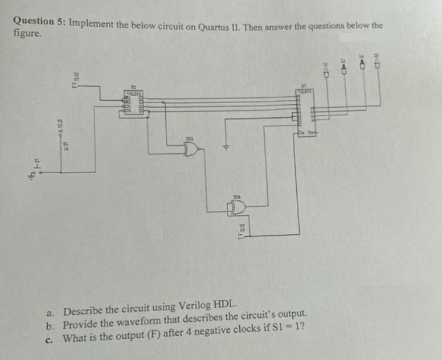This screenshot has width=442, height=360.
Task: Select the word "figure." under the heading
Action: tap(27, 34)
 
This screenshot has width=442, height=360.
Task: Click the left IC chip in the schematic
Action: tap(133, 103)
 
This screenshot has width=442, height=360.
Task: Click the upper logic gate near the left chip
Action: tap(191, 149)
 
